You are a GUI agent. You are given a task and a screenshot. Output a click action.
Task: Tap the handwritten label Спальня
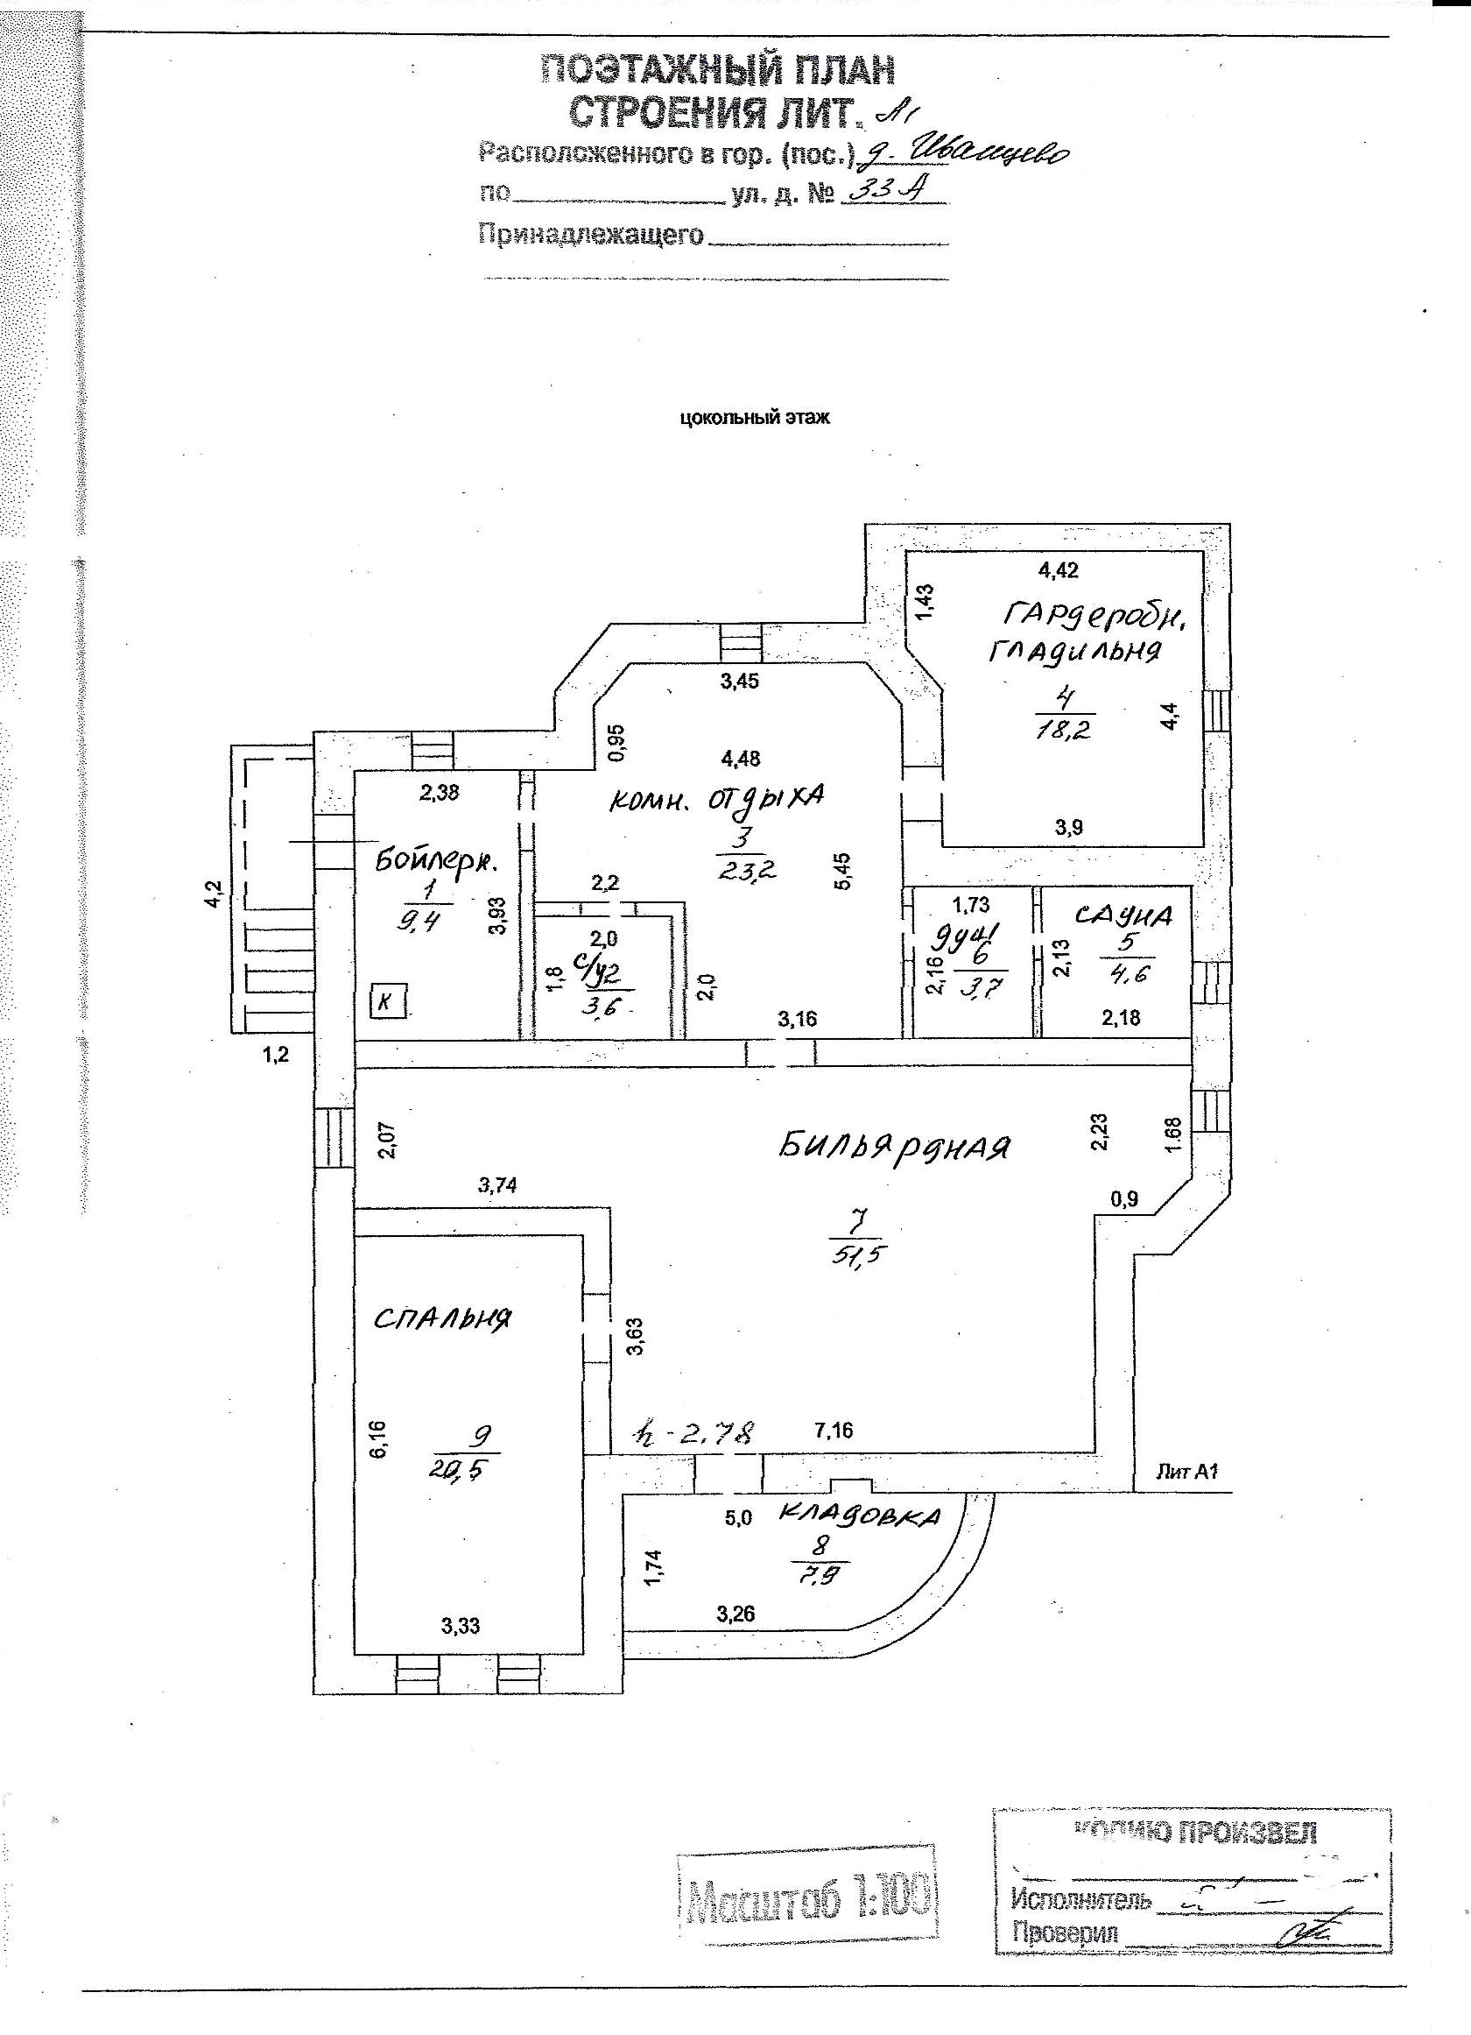point(442,1320)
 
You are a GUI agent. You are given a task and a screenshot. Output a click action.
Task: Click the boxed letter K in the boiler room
point(390,1000)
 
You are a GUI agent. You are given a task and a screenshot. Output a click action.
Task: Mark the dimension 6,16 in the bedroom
point(378,1438)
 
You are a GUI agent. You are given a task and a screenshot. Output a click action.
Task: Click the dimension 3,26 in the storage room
point(735,1615)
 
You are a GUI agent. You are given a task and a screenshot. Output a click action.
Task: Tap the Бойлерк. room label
point(437,861)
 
